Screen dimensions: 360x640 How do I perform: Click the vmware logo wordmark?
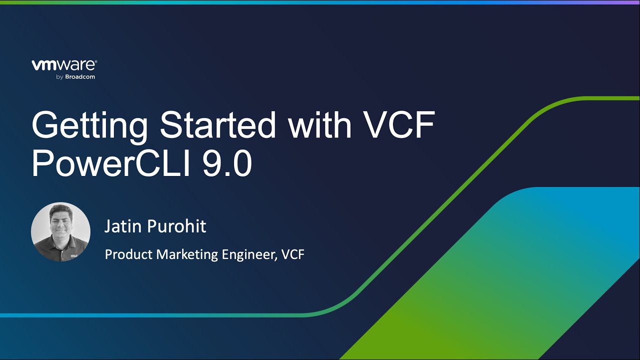(63, 65)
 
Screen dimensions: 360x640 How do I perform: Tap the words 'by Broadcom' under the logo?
(75, 77)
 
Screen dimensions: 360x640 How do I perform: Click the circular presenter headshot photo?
(60, 232)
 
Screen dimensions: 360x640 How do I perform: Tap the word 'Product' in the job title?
(128, 254)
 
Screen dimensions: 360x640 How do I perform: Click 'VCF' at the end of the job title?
(293, 254)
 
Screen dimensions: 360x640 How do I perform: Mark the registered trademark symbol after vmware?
(95, 61)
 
